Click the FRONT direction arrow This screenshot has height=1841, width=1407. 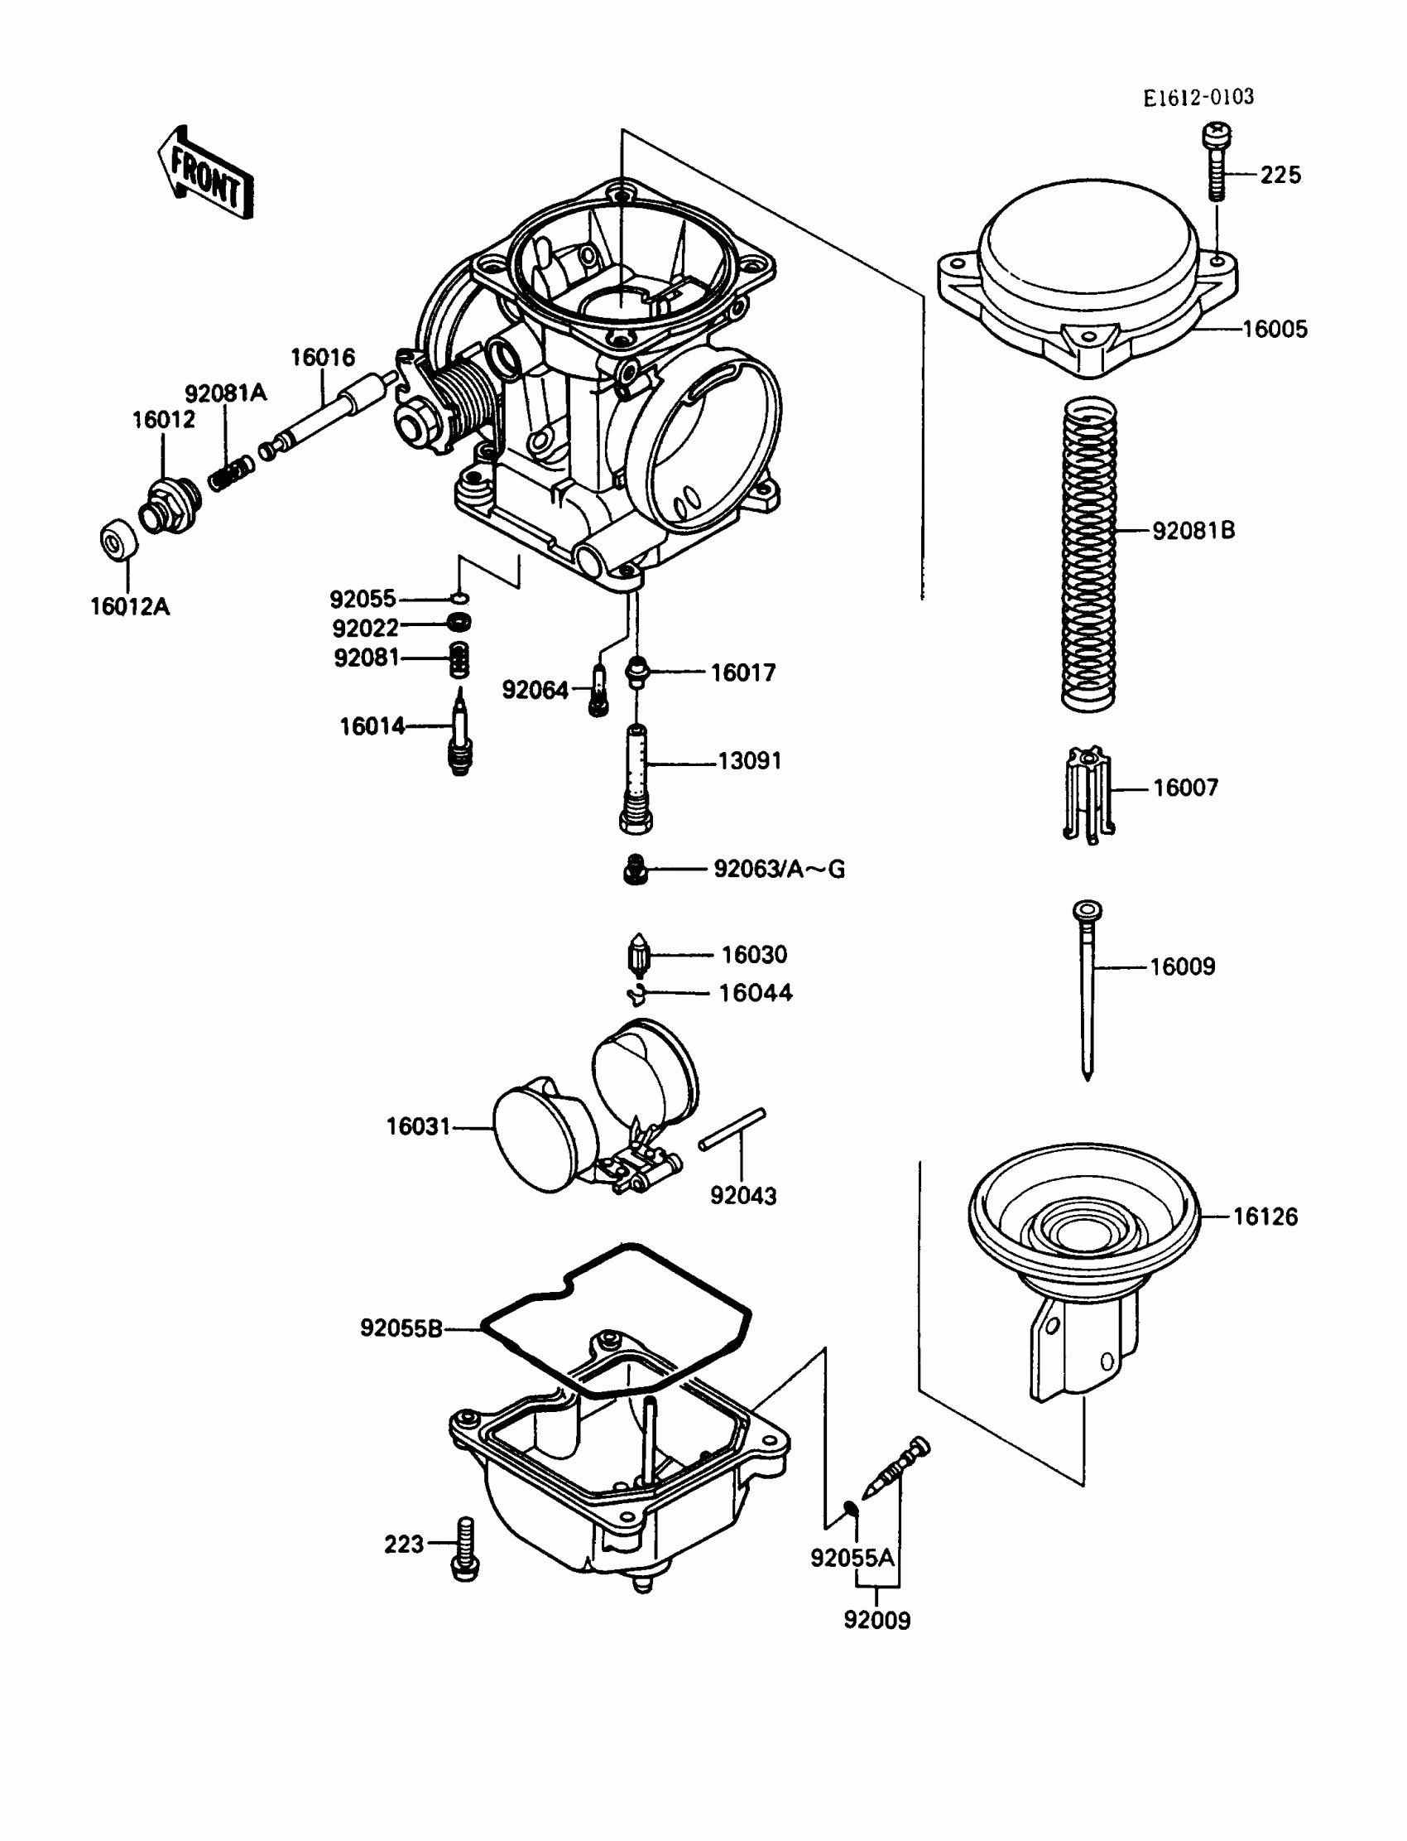click(206, 174)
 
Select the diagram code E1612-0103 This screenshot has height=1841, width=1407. click(1198, 98)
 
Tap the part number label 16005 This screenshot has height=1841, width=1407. click(1274, 330)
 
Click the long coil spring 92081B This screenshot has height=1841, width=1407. click(1088, 553)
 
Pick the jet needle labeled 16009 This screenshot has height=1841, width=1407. click(1087, 989)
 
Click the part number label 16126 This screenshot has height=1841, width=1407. click(1265, 1216)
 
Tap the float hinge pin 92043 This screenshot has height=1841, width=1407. click(732, 1130)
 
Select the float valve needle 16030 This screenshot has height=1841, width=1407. click(638, 955)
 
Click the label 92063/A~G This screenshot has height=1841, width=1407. click(779, 869)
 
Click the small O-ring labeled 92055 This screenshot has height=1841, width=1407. click(460, 598)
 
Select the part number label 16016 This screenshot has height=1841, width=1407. click(323, 358)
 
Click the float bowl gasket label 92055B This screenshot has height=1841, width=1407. click(401, 1328)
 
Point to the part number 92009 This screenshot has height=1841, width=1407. click(876, 1620)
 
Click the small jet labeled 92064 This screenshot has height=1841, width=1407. click(598, 691)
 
